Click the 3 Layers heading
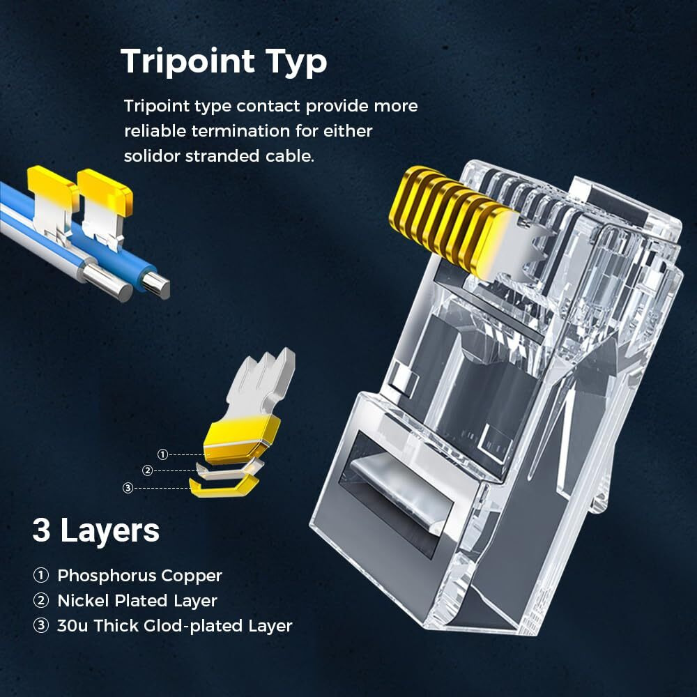coord(95,530)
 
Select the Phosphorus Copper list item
coord(139,576)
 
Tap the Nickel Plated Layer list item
coord(137,601)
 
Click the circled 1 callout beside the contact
coord(162,454)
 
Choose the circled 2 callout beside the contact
coord(147,470)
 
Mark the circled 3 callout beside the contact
coord(128,488)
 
